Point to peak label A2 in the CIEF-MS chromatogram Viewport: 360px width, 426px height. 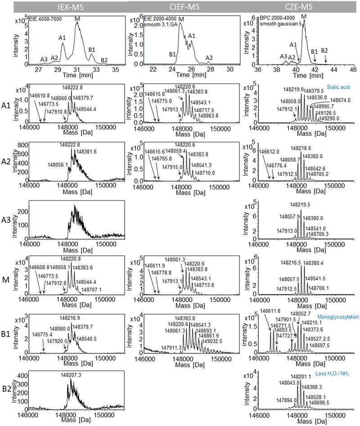tap(209, 58)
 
